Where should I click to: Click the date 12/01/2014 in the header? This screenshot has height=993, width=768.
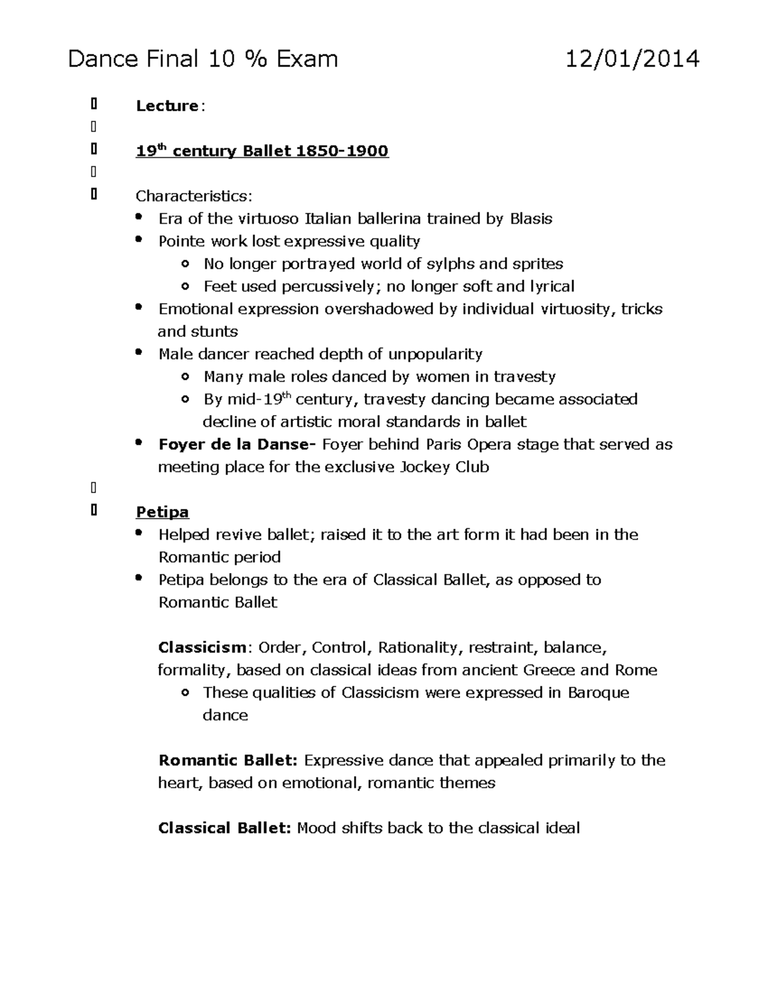(632, 59)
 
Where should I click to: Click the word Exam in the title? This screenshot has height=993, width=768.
(307, 59)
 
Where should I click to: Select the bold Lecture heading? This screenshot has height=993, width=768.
(167, 106)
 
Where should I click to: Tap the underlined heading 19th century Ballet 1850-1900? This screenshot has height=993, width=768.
(262, 152)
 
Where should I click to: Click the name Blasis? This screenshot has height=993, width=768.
(531, 219)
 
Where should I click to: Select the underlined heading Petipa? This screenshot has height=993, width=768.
(163, 512)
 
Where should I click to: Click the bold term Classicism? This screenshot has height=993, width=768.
(202, 648)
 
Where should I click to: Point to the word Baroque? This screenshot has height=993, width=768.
(598, 693)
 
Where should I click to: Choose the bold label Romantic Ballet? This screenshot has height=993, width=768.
(228, 760)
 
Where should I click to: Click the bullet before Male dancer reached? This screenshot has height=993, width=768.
(139, 354)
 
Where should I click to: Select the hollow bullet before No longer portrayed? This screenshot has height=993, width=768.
(185, 264)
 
